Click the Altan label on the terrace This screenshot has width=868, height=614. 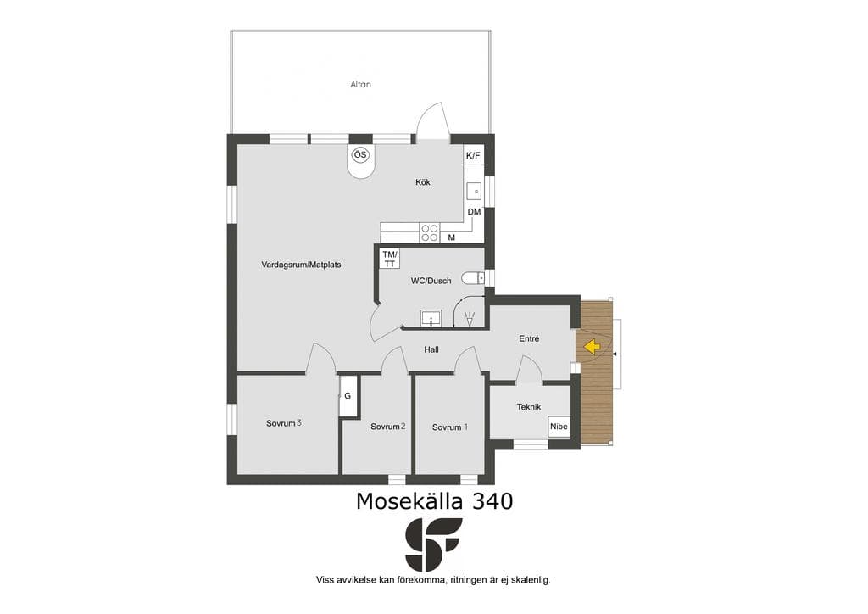click(x=360, y=85)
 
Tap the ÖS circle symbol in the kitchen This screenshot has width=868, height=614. click(x=360, y=155)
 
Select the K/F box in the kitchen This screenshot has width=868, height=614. click(x=473, y=156)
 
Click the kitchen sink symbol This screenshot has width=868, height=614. click(x=475, y=192)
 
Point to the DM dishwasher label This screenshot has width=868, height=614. click(x=474, y=212)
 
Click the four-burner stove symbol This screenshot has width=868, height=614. click(x=430, y=232)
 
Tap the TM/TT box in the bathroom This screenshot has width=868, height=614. click(x=390, y=260)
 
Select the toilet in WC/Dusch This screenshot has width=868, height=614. click(x=473, y=277)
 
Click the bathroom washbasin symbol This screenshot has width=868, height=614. click(x=431, y=318)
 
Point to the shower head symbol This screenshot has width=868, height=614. click(x=470, y=319)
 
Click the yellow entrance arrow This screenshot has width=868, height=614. click(x=592, y=347)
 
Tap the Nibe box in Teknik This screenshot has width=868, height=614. click(x=559, y=427)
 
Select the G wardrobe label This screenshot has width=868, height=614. click(x=348, y=396)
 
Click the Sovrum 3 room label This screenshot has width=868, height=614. click(x=283, y=423)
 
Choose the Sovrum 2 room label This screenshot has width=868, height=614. click(x=388, y=427)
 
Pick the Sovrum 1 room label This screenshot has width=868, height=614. click(x=450, y=427)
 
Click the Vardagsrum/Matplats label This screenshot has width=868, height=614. click(x=301, y=265)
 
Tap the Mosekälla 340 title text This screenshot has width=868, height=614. click(x=434, y=501)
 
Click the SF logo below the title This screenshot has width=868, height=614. click(x=434, y=544)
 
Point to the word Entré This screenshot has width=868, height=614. click(x=529, y=338)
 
